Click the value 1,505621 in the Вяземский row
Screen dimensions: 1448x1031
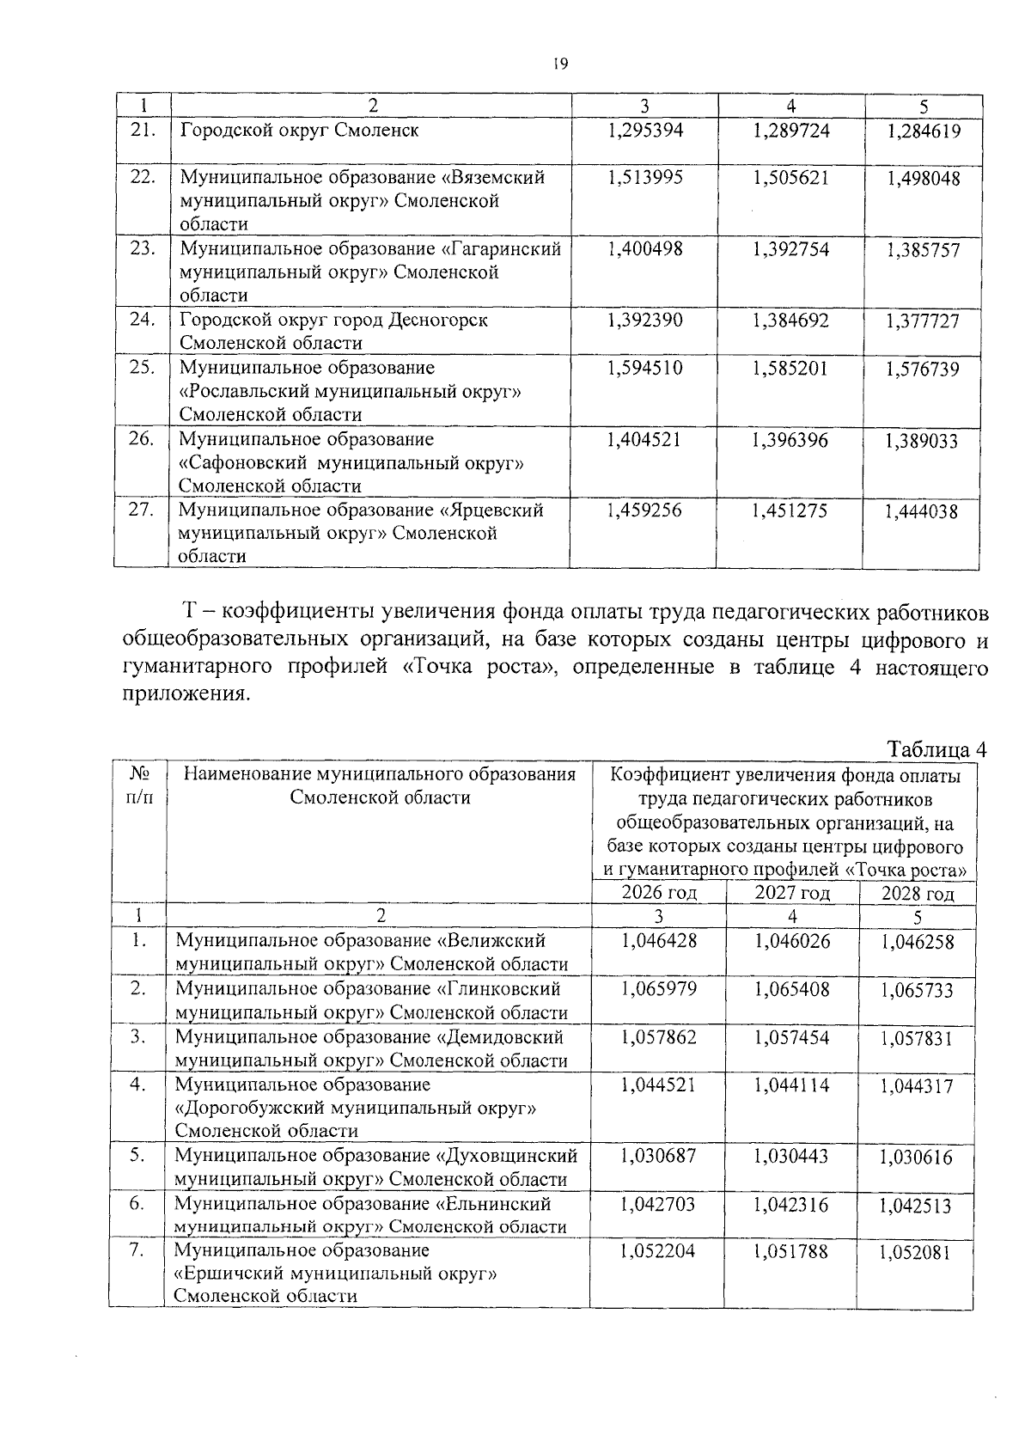point(791,177)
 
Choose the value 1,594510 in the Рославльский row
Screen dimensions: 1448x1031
point(644,369)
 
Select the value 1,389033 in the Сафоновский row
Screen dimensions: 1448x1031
point(923,442)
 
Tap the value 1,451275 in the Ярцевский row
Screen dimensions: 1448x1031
point(790,510)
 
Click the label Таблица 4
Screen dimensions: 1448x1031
point(936,749)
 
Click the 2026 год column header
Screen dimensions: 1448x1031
point(659,893)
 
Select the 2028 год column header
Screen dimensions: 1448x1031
point(918,894)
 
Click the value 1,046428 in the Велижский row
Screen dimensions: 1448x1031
point(659,941)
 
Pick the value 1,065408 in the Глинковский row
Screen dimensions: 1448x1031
point(792,989)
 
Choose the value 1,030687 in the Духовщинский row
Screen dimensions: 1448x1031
point(659,1157)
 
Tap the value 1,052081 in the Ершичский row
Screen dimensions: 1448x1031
point(915,1253)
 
